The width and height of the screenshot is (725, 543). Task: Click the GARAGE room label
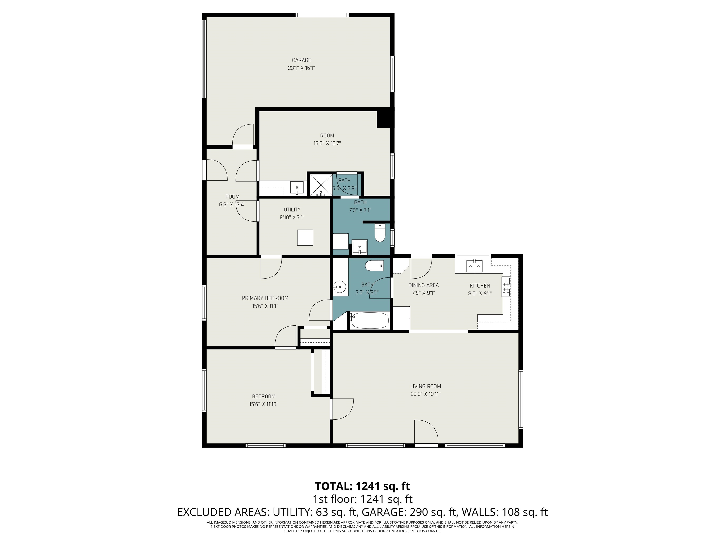tap(301, 60)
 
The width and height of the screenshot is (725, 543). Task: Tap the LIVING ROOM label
tap(426, 386)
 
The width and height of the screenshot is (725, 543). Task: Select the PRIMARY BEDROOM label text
tap(265, 298)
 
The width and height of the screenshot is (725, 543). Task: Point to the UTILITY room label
tap(292, 210)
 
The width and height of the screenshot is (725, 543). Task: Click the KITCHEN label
tap(480, 286)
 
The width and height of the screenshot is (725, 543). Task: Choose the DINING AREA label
tap(423, 285)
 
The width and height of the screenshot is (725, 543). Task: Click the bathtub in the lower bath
tap(369, 321)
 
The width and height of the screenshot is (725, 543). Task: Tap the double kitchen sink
tap(474, 266)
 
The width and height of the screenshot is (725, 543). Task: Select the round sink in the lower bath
tap(340, 287)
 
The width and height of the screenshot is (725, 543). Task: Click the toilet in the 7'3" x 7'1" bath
tap(380, 233)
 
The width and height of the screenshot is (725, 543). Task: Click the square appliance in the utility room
tap(305, 237)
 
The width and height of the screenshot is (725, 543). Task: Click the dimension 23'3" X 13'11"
tap(426, 394)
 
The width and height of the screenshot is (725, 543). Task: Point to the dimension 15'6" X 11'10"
tap(264, 404)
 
